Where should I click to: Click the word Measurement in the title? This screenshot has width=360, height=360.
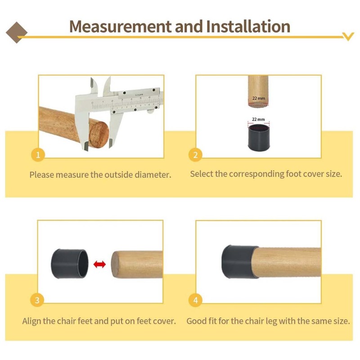pos(120,27)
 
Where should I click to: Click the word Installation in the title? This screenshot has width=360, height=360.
pos(248,27)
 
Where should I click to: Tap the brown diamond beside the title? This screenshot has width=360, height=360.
pos(17,32)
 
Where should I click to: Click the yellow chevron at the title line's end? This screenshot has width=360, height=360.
pos(348,36)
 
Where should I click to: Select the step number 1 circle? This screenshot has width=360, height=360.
pos(38,155)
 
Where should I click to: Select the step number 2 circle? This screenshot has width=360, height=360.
pos(195,155)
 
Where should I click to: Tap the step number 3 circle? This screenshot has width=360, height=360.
pos(37,300)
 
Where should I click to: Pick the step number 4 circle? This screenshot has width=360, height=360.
pos(195,300)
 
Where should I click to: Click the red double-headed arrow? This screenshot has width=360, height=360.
pos(99,264)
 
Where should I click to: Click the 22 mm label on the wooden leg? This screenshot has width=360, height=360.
pos(258,98)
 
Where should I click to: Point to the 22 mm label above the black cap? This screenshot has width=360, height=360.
pos(258,119)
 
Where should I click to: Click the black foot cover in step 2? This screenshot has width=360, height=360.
pos(258,138)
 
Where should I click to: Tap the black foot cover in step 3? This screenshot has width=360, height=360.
pos(70,264)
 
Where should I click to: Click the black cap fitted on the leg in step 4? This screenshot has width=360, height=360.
pos(239,262)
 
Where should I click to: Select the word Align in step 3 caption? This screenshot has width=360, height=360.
pos(31,321)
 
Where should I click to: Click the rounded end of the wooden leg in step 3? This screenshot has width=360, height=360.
pos(115,264)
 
